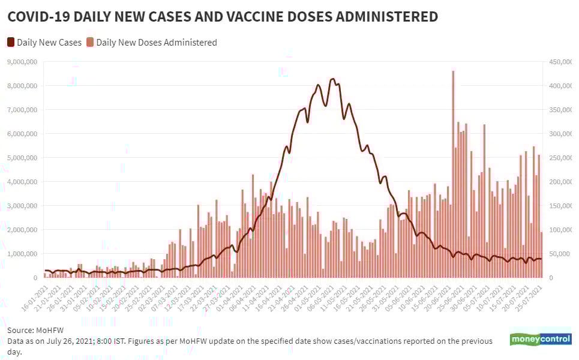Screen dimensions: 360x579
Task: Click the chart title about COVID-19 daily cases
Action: [222, 17]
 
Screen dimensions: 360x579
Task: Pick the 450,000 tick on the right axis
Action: [559, 62]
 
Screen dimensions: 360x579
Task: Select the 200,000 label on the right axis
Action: [559, 182]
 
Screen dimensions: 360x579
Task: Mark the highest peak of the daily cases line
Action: [332, 79]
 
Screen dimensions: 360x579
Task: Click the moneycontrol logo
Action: [541, 339]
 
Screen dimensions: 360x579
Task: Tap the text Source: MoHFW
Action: [35, 330]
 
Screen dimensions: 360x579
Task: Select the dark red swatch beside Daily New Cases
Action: [11, 43]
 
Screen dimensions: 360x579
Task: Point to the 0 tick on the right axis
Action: [549, 278]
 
